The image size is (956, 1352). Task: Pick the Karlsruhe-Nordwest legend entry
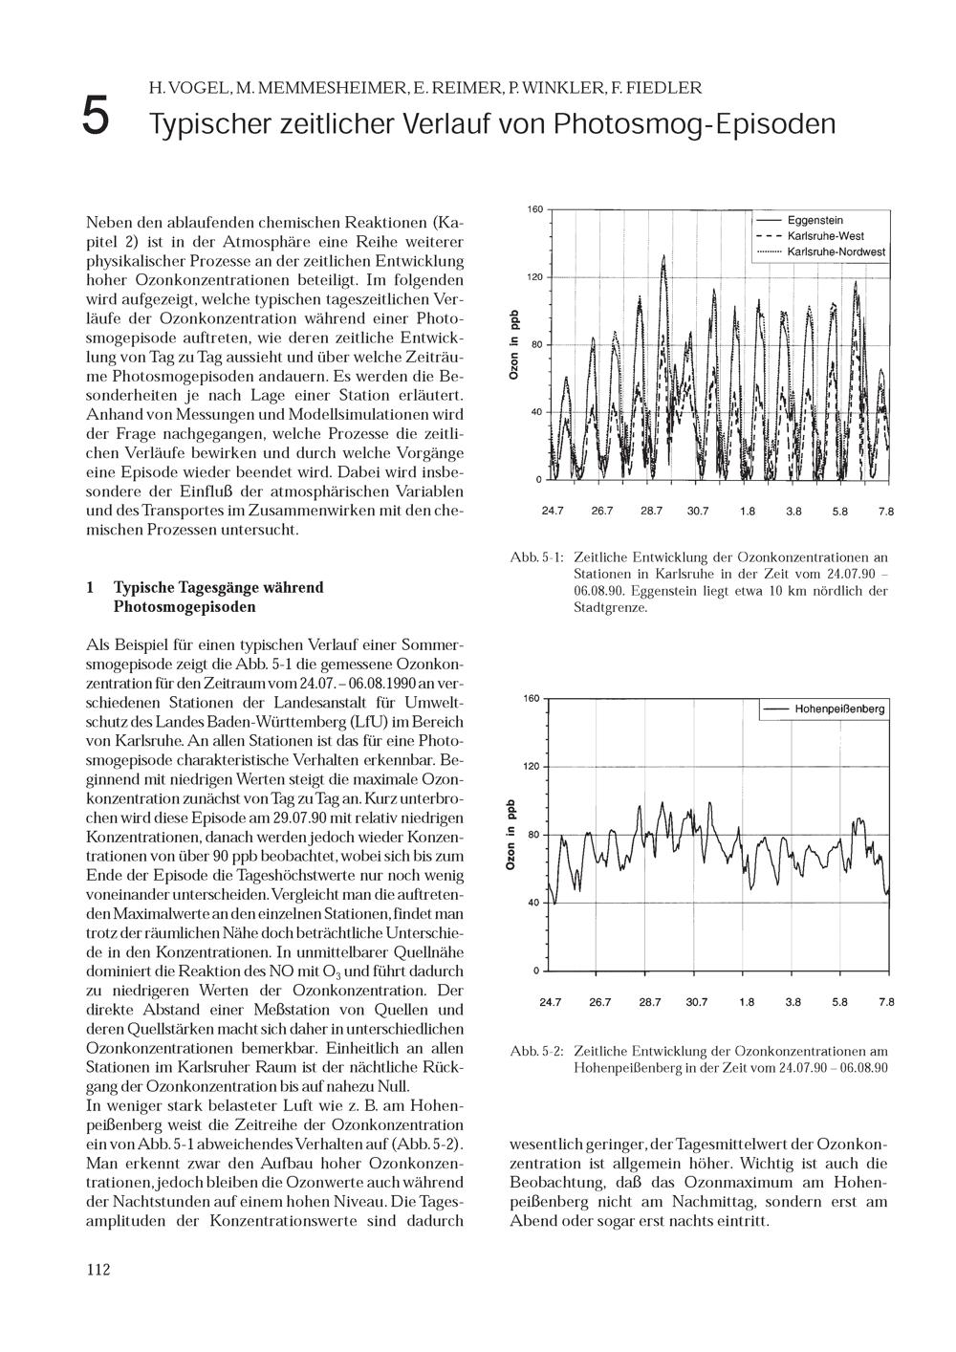click(836, 252)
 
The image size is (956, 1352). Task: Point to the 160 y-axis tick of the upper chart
click(534, 209)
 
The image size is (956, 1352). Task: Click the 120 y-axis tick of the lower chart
click(531, 767)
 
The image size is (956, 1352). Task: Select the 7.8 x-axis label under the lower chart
click(886, 1003)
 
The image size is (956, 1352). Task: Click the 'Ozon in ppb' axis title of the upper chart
click(513, 345)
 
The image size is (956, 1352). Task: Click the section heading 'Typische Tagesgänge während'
click(218, 587)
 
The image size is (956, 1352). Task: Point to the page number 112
click(98, 1270)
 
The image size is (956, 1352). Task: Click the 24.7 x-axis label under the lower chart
click(551, 1003)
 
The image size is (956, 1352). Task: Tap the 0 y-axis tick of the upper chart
click(538, 479)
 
